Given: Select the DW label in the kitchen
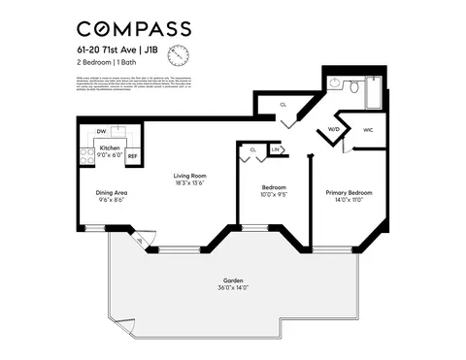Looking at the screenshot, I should (100, 131).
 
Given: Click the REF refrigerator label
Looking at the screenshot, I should (133, 155).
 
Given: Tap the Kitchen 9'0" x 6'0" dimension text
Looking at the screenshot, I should (110, 153).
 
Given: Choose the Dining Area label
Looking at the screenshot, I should (113, 192).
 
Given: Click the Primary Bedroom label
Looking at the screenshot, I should (349, 192).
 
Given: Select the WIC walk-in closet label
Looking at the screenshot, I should (368, 129).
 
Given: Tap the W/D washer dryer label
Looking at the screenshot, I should (333, 129).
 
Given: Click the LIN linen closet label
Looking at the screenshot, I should (275, 149).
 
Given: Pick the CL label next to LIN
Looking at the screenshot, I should (252, 149).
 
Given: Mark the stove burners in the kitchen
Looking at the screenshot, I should (84, 150).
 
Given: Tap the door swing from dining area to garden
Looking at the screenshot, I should (139, 238).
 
